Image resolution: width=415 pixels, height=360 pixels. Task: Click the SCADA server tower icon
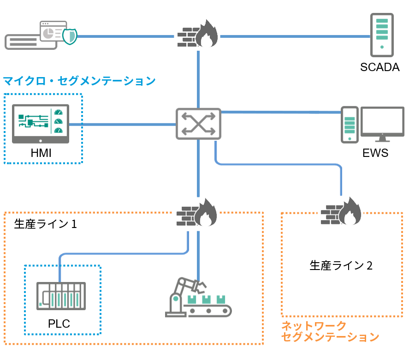pos(382,35)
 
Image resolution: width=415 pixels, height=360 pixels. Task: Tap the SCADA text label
pos(380,67)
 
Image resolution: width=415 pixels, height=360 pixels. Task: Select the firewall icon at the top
pos(198,34)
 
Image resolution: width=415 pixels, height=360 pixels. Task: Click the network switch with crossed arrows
pos(198,124)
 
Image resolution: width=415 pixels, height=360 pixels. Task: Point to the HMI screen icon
pos(41,124)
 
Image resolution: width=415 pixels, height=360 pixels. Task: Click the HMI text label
pos(41,153)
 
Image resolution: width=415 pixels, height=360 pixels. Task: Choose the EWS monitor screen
pos(382,124)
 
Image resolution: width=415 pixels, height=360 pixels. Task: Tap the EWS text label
pos(375,153)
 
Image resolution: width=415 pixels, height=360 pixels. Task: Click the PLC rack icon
pos(61,296)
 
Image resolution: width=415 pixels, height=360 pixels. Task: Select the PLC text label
pos(59,324)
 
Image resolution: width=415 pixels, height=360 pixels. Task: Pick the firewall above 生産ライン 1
pos(196,213)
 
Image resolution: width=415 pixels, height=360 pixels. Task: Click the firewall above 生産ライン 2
pos(341,211)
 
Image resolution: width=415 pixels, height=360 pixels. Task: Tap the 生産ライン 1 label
pos(46,224)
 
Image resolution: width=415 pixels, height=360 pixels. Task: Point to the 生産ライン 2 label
pos(341,265)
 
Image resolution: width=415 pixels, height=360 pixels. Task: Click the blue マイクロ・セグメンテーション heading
pos(79,81)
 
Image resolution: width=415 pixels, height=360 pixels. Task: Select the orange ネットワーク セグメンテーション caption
pos(330,331)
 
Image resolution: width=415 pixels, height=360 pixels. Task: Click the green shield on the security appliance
pos(70,36)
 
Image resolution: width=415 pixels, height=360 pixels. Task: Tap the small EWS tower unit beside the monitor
pos(350,125)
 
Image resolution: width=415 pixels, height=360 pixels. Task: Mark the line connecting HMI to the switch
pos(123,124)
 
